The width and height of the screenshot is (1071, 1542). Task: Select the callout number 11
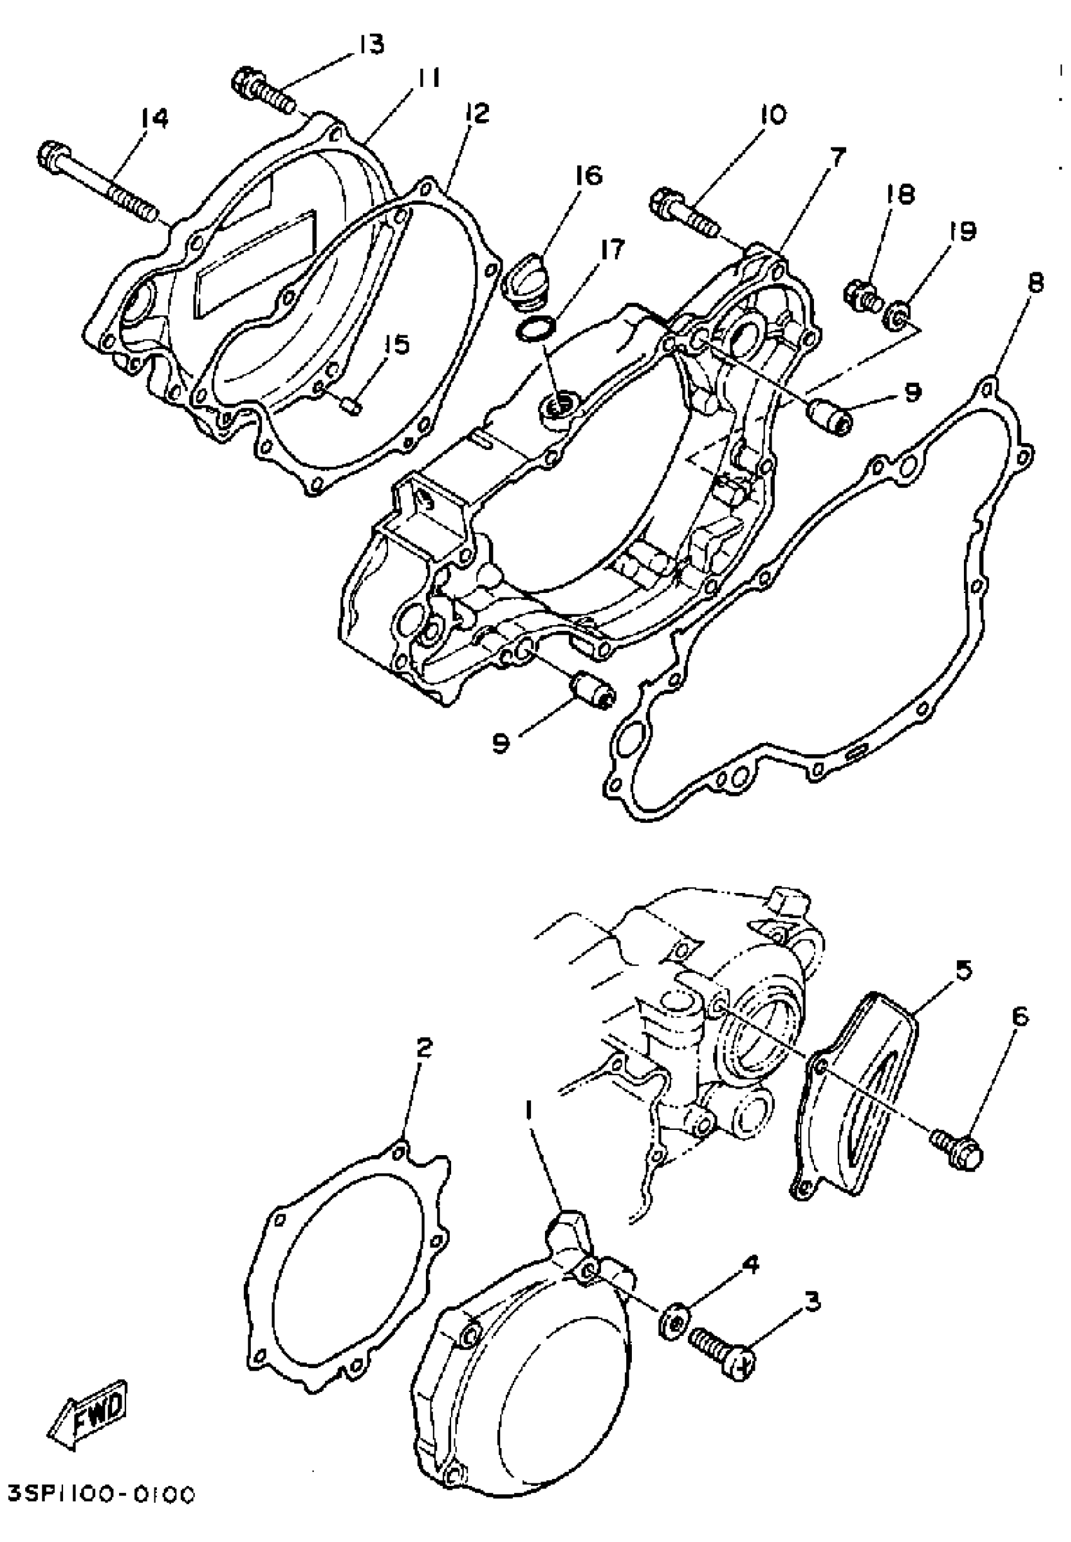click(x=427, y=79)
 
